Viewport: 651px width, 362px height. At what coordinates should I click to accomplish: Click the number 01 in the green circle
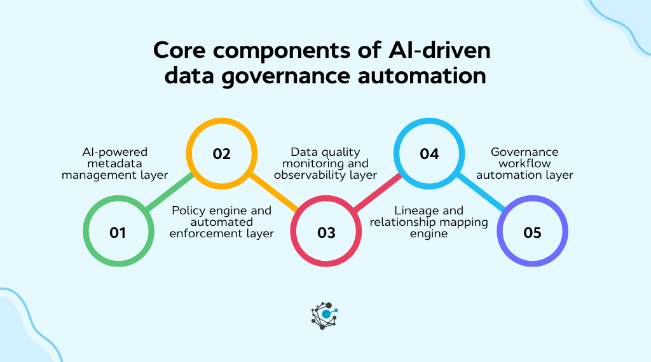(118, 233)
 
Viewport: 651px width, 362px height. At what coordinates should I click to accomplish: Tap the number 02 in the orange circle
(221, 154)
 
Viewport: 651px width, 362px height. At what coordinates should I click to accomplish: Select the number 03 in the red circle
(325, 233)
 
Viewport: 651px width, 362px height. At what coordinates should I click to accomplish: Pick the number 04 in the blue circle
(429, 154)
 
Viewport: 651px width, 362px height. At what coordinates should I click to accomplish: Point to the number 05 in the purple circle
(532, 233)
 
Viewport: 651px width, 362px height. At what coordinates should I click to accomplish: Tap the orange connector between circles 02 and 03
(273, 193)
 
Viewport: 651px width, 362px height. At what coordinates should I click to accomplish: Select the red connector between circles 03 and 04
(378, 193)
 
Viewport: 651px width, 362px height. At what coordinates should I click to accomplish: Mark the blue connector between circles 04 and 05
(481, 193)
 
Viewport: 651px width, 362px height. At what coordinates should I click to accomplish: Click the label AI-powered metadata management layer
(114, 164)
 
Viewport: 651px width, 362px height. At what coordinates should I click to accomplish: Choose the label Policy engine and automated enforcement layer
(222, 222)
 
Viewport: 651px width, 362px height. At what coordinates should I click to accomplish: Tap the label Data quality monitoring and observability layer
(325, 164)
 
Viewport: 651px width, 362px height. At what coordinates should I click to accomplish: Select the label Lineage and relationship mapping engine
(429, 222)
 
